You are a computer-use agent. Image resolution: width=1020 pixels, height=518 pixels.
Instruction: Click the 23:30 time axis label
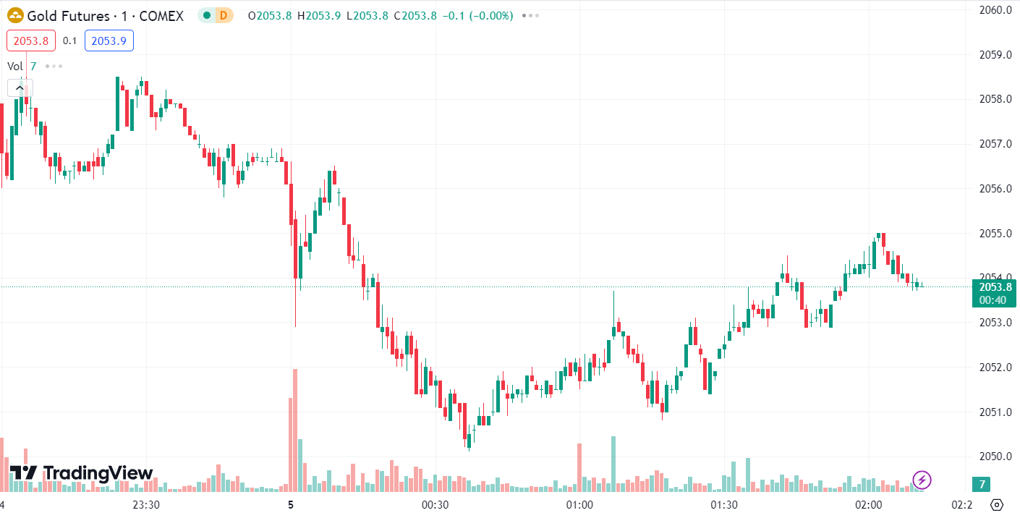tap(147, 504)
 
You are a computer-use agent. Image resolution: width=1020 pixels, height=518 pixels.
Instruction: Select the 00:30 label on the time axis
tap(435, 504)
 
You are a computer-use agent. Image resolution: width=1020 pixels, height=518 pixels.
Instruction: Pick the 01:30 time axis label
tap(724, 504)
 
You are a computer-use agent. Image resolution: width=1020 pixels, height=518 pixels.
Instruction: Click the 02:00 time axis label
tap(868, 504)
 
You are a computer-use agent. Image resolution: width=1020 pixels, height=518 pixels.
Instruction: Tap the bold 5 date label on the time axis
tap(291, 504)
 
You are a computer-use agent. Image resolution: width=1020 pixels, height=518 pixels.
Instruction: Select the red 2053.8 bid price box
tap(31, 41)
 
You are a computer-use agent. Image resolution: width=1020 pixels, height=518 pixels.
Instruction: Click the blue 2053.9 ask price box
tap(109, 41)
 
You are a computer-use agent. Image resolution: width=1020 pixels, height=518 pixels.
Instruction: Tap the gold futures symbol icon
tap(14, 15)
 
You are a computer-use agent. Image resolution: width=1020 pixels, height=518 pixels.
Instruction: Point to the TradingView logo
tap(81, 474)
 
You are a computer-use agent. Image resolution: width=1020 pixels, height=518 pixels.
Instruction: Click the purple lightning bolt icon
tap(922, 479)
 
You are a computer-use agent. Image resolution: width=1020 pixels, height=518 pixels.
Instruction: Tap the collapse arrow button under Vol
tap(19, 88)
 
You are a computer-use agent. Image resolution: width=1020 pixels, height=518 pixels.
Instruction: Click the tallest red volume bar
tap(295, 430)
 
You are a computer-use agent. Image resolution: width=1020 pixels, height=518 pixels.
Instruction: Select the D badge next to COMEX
tap(224, 15)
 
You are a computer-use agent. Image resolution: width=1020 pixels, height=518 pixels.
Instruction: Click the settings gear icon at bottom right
tap(997, 504)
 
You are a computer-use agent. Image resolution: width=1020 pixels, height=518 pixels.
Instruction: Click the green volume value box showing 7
tap(982, 484)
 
